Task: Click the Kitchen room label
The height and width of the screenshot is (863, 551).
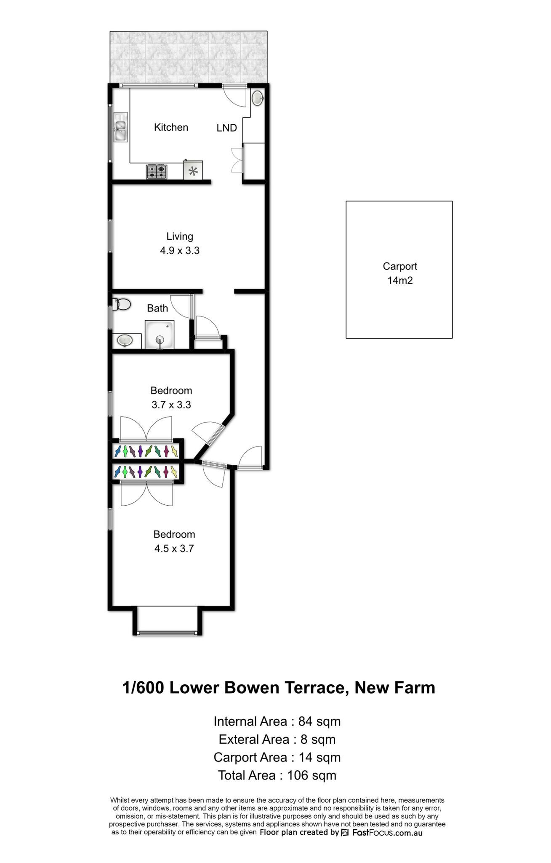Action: tap(171, 127)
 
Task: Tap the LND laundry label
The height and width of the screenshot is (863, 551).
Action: tap(227, 128)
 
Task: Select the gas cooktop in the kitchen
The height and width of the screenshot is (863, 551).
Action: tap(157, 172)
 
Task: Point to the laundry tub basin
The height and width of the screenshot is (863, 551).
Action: tap(258, 98)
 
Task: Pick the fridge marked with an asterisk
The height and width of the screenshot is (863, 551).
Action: tap(193, 171)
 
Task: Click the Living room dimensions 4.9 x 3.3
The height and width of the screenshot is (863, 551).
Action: tap(180, 251)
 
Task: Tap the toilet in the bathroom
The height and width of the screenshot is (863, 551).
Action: tap(122, 304)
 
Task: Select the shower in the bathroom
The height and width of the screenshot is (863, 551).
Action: tap(160, 335)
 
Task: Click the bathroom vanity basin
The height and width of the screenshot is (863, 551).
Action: tap(125, 340)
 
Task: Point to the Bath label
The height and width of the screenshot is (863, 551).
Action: tap(157, 308)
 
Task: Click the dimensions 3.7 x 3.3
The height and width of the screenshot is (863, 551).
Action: tap(171, 405)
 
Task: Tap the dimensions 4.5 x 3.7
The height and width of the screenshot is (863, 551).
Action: tap(174, 549)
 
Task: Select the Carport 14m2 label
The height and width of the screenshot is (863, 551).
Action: tap(400, 273)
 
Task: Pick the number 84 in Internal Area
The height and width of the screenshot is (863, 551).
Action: tap(306, 721)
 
